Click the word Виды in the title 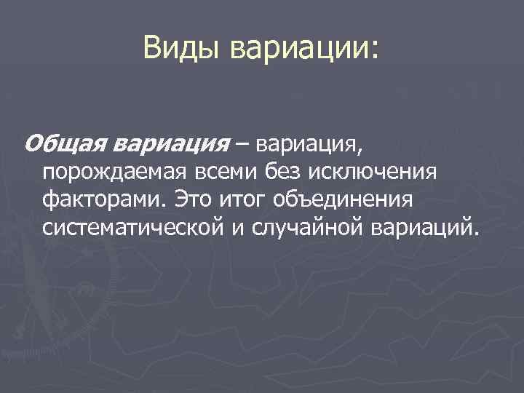coord(182,49)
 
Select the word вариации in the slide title coord(299,49)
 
